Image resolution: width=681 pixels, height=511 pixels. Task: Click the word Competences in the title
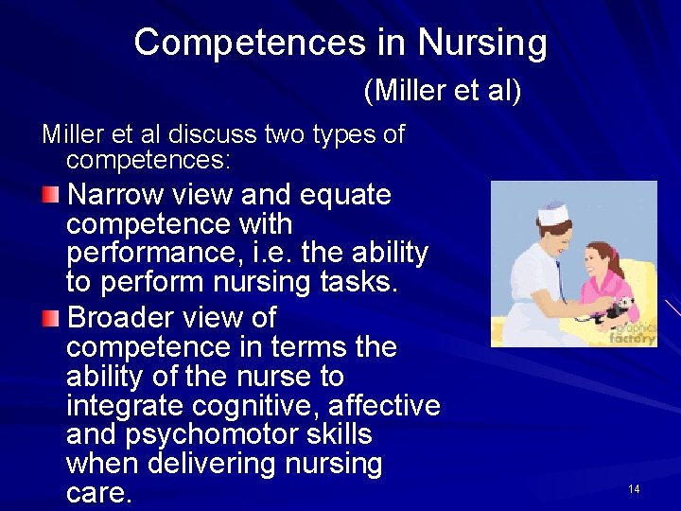click(x=249, y=43)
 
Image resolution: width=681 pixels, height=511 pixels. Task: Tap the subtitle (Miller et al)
click(x=442, y=92)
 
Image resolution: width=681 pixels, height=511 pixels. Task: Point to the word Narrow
click(x=115, y=195)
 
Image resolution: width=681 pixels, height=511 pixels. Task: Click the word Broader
click(x=124, y=317)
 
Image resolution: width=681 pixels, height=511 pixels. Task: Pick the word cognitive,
click(x=262, y=406)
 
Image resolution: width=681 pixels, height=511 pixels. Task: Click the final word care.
click(x=99, y=494)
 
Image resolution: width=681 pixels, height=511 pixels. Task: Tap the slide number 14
click(x=634, y=489)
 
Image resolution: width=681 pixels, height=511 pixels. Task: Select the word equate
click(x=345, y=195)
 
